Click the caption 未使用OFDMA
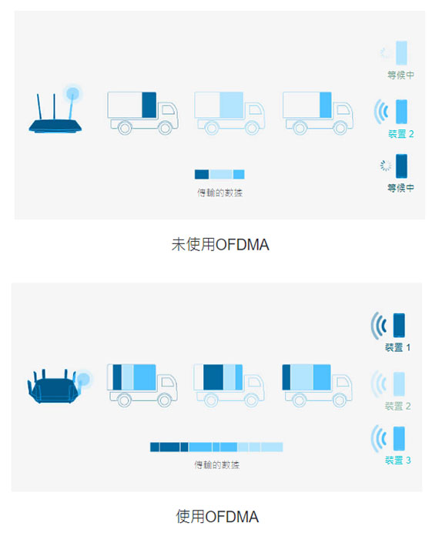[220, 245]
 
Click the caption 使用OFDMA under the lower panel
[217, 517]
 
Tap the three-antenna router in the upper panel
[55, 109]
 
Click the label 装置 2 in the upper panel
[401, 134]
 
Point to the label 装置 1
[397, 347]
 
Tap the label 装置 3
[397, 460]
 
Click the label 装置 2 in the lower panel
[397, 406]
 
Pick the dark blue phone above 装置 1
[399, 326]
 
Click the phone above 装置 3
[399, 438]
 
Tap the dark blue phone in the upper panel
[402, 166]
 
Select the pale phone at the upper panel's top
[402, 53]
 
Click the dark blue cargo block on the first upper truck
[149, 105]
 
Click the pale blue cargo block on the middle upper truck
[232, 105]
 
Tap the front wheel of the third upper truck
[340, 128]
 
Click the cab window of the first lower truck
[168, 382]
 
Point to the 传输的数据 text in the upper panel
[219, 193]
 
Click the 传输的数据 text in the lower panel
[216, 465]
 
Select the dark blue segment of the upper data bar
[202, 174]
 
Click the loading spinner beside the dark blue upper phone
[386, 166]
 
